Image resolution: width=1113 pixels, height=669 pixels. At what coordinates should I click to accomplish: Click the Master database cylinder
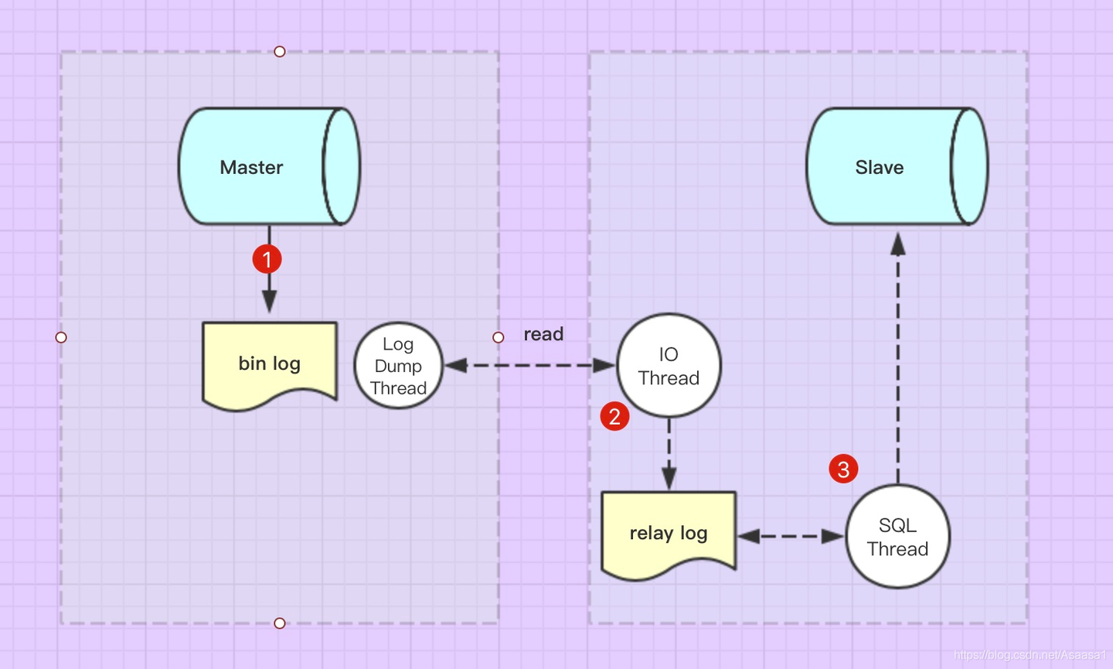(269, 166)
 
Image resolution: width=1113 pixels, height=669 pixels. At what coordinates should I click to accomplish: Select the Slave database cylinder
(897, 166)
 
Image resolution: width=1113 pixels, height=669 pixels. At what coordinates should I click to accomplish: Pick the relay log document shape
(669, 536)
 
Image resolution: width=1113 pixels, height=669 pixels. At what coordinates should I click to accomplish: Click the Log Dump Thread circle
(398, 366)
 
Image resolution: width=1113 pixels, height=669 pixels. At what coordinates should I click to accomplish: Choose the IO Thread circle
(669, 365)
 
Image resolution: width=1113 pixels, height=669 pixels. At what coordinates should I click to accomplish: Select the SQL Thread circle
(898, 536)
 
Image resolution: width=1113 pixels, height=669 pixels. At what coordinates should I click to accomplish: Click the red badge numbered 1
(267, 259)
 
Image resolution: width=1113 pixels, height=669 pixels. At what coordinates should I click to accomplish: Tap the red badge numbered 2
(614, 416)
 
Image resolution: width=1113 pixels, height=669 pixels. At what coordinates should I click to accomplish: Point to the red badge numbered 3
(843, 469)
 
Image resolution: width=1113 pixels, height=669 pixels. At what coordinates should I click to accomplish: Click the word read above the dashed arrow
(543, 334)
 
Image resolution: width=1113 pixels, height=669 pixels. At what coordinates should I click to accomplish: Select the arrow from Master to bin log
(269, 269)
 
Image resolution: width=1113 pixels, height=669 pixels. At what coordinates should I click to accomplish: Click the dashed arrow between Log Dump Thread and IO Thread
(529, 365)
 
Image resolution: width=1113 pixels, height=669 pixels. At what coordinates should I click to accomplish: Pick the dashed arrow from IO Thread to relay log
(669, 454)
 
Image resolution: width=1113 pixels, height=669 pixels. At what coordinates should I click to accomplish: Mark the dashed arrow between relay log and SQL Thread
(791, 536)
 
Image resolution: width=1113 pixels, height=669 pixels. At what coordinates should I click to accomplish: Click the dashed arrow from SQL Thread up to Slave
(898, 358)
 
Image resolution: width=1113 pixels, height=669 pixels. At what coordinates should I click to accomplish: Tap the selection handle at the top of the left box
(280, 52)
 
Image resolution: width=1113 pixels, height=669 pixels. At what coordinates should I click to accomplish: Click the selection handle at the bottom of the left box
(280, 623)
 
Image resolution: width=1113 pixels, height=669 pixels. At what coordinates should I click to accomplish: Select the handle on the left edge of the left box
(61, 337)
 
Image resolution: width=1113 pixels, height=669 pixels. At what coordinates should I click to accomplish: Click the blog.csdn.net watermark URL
(1030, 655)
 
